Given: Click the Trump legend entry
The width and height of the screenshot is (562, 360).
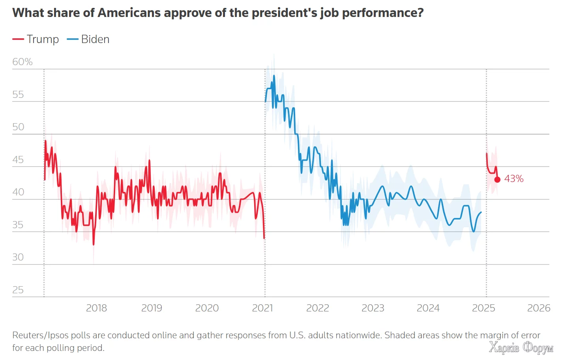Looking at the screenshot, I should point(36,39).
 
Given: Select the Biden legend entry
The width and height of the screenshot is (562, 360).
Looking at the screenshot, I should point(88,39).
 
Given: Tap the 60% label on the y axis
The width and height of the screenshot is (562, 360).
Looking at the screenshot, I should point(22,62).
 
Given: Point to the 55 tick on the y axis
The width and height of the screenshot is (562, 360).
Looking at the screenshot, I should point(18,95).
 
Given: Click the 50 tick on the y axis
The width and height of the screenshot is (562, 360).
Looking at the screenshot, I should point(18,127).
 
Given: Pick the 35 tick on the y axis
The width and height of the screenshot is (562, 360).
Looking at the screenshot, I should point(18,225).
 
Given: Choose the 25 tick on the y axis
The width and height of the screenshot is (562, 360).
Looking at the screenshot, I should point(18,290).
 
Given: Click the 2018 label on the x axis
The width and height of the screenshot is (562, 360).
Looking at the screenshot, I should point(96,308).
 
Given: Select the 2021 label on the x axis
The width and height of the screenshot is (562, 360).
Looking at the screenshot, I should point(262,308).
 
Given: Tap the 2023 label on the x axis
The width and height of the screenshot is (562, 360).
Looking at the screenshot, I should point(373,308).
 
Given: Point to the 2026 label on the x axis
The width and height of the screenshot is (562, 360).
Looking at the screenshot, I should point(539,308).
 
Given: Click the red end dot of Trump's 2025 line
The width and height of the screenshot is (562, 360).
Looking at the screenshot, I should point(497,180).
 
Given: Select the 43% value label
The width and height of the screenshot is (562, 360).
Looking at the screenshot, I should point(514,179).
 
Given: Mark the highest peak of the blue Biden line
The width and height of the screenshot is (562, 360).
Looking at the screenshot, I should point(274,76).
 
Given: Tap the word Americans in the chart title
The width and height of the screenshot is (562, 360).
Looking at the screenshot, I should point(129,13).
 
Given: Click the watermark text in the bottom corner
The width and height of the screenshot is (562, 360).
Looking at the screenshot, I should point(521,348).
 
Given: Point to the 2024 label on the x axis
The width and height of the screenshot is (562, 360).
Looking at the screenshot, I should point(428,308).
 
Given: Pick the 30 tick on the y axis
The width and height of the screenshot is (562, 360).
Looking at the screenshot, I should point(18,257).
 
